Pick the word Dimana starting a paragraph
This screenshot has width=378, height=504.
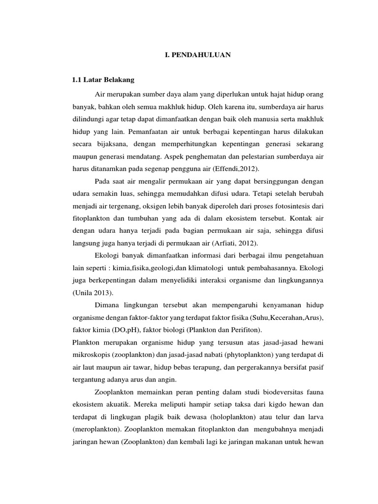click(x=106, y=304)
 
